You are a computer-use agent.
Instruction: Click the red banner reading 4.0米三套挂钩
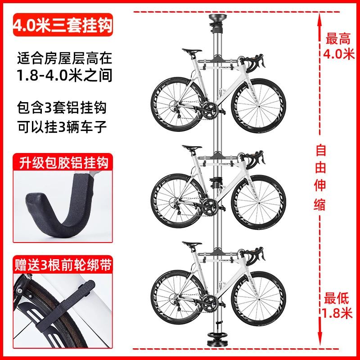63,25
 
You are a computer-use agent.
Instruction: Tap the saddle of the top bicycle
192,51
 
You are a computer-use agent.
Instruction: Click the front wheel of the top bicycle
258,107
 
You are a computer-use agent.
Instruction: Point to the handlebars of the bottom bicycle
252,255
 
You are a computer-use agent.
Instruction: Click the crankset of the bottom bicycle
210,303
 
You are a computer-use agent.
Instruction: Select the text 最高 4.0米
338,46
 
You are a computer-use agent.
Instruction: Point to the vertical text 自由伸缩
320,177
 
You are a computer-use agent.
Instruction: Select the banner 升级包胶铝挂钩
63,162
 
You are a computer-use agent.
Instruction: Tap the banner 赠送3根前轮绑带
63,265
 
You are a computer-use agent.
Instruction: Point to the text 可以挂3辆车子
62,127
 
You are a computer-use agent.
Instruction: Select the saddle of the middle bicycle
192,148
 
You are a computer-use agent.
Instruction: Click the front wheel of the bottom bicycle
258,299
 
